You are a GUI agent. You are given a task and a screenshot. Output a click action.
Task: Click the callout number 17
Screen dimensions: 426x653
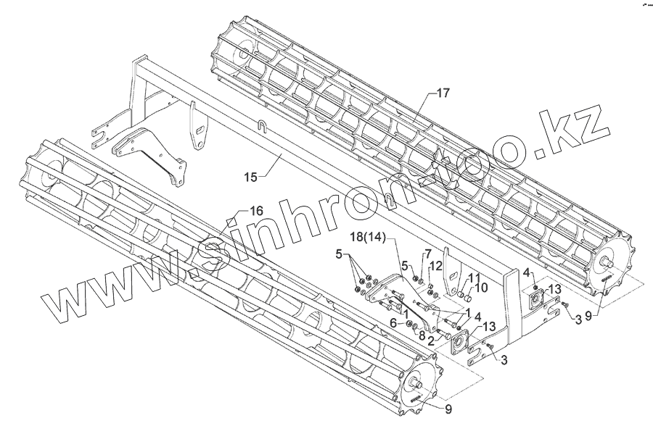tap(443, 93)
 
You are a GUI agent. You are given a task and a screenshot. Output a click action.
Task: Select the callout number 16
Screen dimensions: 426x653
tap(255, 210)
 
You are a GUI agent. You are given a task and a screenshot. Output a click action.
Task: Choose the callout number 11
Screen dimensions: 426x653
tap(472, 278)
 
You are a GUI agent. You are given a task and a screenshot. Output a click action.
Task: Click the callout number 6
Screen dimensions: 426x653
tap(393, 322)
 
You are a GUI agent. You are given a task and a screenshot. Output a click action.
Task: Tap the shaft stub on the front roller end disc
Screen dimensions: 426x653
tap(418, 384)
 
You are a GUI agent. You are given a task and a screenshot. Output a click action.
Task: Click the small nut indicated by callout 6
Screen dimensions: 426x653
tap(409, 324)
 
